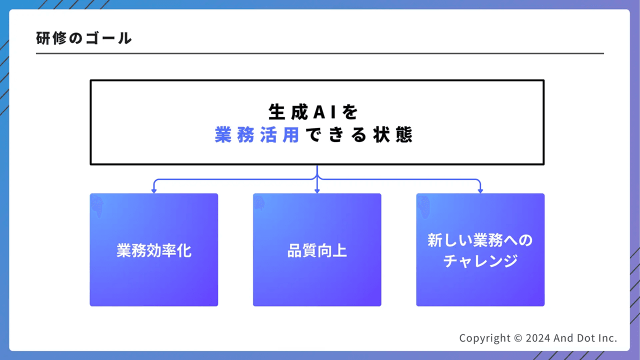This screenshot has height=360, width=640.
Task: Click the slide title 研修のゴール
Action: (84, 38)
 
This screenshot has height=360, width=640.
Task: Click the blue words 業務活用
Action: (256, 135)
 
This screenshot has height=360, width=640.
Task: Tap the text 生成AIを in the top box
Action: (313, 112)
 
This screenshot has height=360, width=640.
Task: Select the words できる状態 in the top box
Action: (358, 135)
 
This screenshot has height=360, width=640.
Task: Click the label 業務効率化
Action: (154, 250)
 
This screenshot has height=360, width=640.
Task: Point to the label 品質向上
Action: (317, 250)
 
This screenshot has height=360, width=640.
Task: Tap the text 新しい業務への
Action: (480, 240)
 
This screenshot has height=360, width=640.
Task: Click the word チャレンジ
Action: (480, 261)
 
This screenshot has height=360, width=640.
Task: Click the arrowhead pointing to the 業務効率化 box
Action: (154, 190)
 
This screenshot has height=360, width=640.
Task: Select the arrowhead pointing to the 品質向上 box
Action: (317, 190)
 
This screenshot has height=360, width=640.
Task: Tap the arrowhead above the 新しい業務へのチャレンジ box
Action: (480, 190)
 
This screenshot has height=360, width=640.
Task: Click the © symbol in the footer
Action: (517, 338)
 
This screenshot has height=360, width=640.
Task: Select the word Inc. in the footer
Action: (607, 338)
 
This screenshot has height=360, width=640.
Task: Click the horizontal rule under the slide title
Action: (320, 53)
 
